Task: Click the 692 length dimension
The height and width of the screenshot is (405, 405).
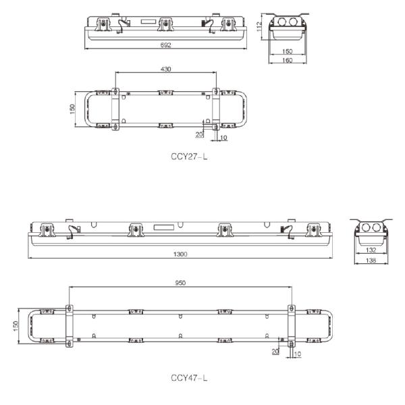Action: pos(166,45)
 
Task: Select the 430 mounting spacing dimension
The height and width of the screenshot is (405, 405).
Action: pos(165,68)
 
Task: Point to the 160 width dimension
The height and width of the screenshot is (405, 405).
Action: pos(288,61)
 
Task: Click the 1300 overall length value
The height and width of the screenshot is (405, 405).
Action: pos(180,254)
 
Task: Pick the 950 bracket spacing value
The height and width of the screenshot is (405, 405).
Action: pos(180,283)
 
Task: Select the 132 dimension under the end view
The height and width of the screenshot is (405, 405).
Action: pos(370,250)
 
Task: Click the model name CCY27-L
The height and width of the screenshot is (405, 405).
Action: pos(188,156)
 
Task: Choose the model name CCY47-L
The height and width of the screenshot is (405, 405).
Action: pos(189,377)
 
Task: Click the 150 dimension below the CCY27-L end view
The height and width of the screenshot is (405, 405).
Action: pos(288,51)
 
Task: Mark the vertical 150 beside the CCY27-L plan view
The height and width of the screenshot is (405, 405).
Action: pos(72,109)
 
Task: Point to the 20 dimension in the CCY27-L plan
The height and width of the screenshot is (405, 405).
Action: pos(200,134)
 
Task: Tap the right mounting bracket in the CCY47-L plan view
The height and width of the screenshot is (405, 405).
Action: pos(292,325)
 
